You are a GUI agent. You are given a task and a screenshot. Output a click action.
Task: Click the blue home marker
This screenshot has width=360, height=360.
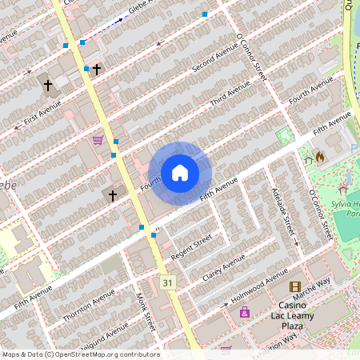[180, 173]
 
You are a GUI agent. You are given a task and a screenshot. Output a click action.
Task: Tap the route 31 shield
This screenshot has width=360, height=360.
[167, 283]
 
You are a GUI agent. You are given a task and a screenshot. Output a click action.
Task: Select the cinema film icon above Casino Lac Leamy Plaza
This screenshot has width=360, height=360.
[295, 287]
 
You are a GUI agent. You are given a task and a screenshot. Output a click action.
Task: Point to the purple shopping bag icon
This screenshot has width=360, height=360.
[244, 312]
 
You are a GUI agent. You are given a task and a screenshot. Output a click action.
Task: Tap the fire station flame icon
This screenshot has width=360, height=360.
[320, 157]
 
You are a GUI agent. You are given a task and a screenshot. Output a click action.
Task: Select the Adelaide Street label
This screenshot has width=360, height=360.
[286, 215]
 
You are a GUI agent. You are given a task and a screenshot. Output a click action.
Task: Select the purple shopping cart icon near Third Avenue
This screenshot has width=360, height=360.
[98, 140]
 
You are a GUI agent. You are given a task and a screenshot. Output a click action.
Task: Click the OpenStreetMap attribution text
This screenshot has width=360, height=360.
[80, 354]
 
